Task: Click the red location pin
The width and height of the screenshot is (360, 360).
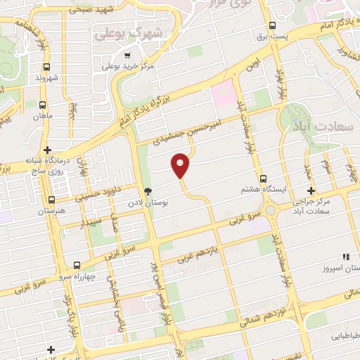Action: [x=181, y=165]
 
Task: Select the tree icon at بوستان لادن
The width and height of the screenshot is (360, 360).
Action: [x=148, y=191]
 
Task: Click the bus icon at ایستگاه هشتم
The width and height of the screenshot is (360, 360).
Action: [x=264, y=179]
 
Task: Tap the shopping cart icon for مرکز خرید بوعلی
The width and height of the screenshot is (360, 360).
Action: [x=127, y=56]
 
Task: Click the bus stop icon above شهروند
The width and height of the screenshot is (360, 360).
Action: [x=46, y=67]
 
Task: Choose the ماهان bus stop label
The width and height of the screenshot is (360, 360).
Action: [x=46, y=114]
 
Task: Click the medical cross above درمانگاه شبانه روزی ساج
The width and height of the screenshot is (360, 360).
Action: [x=47, y=149]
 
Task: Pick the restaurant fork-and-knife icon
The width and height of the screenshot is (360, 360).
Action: [x=345, y=257]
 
